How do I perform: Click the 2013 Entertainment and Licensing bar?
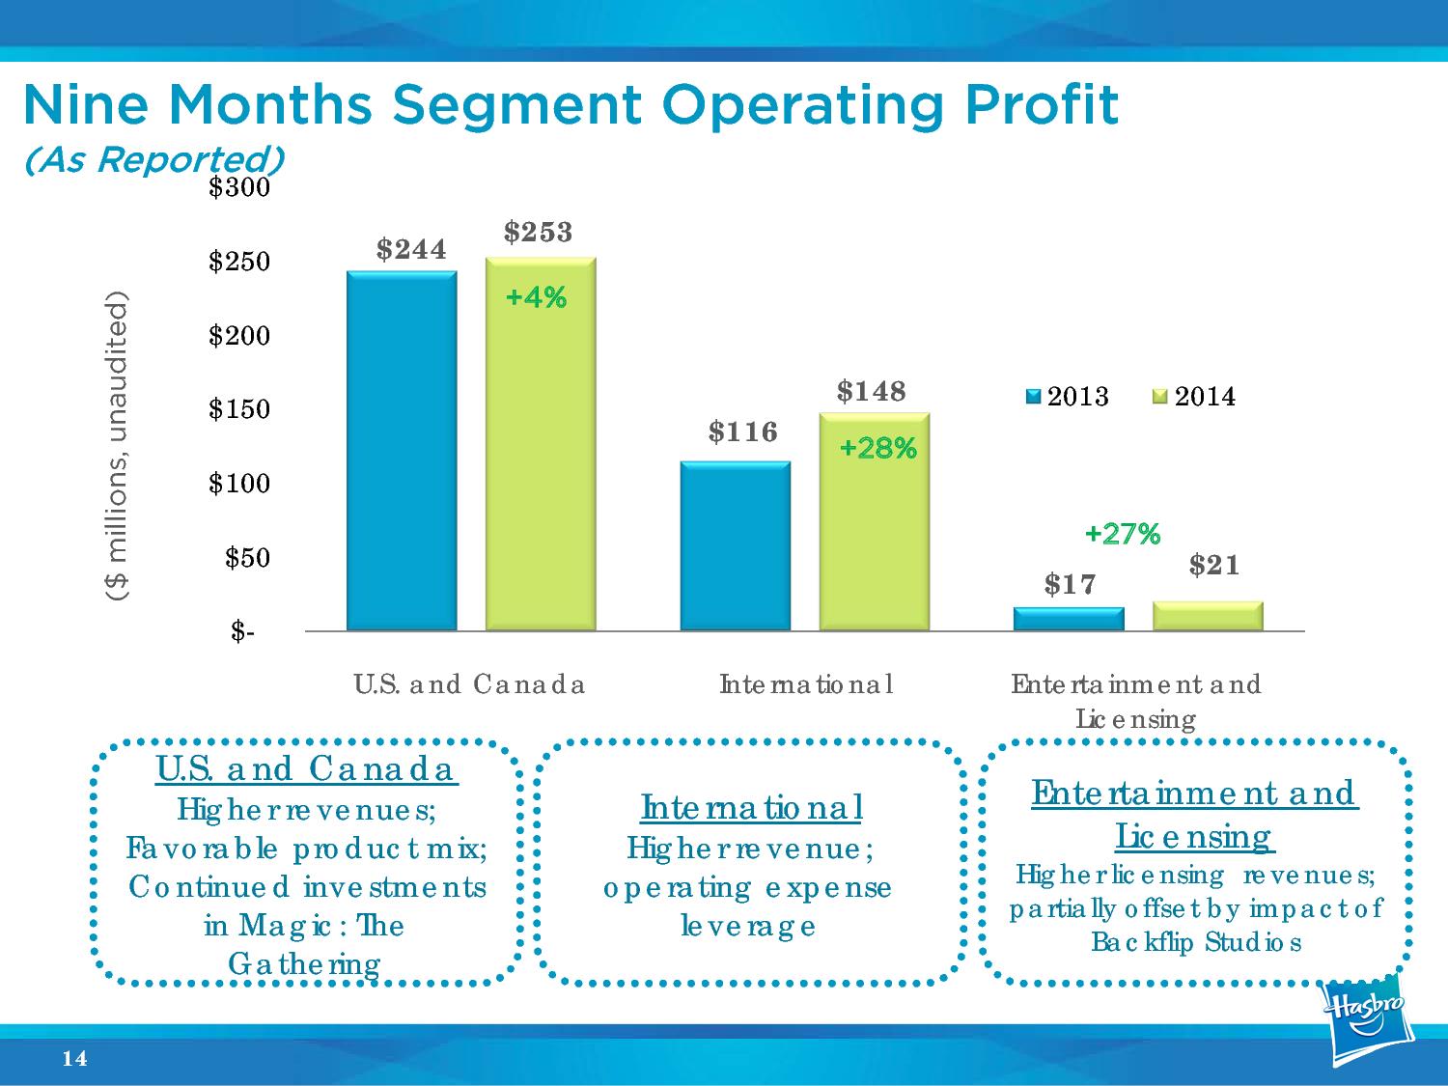(1069, 619)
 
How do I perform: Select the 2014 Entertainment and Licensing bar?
(1208, 616)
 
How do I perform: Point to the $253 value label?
(539, 232)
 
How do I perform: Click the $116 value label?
(742, 432)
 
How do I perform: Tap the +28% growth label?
(877, 449)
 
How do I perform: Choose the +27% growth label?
(1123, 534)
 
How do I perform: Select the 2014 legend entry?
(1194, 397)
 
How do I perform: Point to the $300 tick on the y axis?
(239, 187)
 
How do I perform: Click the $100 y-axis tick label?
(239, 484)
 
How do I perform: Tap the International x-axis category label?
(806, 684)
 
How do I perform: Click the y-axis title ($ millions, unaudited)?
(117, 446)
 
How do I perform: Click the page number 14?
(74, 1059)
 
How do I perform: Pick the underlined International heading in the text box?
(751, 807)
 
